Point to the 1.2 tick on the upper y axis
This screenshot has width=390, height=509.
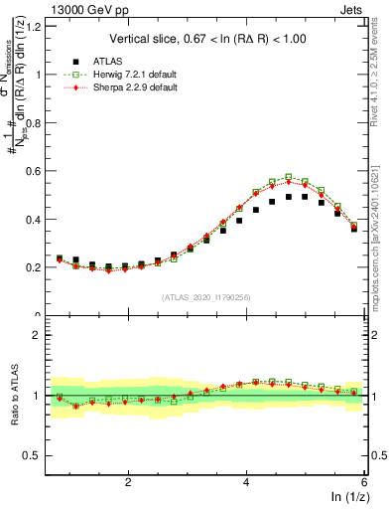point(37,25)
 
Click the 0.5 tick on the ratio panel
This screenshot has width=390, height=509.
point(37,455)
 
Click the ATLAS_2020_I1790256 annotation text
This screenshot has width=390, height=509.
point(207,296)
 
